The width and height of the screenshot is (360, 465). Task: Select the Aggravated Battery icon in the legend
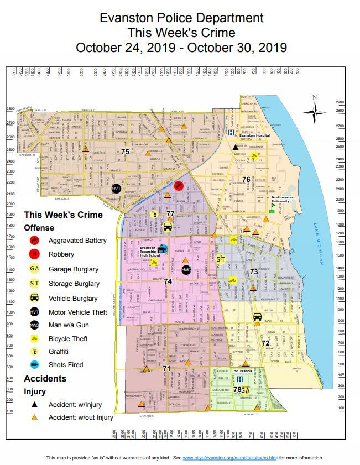(x=35, y=241)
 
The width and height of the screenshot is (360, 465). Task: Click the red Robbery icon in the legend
(x=35, y=254)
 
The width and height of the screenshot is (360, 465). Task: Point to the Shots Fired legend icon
(x=35, y=365)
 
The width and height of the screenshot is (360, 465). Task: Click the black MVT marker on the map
(x=117, y=189)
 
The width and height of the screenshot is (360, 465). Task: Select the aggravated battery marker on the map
(x=179, y=186)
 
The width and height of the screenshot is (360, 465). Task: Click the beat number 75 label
(x=126, y=151)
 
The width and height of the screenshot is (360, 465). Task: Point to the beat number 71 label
(x=166, y=368)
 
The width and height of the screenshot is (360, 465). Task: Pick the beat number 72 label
(x=265, y=343)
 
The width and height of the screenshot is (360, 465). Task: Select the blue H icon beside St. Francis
(x=239, y=379)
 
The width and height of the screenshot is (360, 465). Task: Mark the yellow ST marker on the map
(x=221, y=259)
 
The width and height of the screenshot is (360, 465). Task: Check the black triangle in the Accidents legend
(x=35, y=405)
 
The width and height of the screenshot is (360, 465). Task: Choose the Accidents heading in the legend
(x=45, y=379)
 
